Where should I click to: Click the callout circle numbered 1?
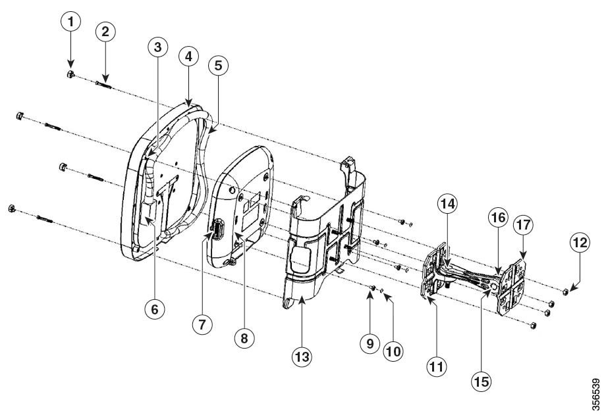(x=70, y=22)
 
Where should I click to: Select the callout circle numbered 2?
(x=105, y=32)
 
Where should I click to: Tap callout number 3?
(x=157, y=47)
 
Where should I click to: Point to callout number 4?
(x=188, y=57)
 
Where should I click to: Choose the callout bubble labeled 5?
(x=219, y=66)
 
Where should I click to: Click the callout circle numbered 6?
(x=155, y=309)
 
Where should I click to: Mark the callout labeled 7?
(x=203, y=324)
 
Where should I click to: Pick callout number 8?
(x=244, y=338)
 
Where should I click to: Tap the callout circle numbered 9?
(x=370, y=343)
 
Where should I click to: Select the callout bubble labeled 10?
(x=393, y=351)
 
